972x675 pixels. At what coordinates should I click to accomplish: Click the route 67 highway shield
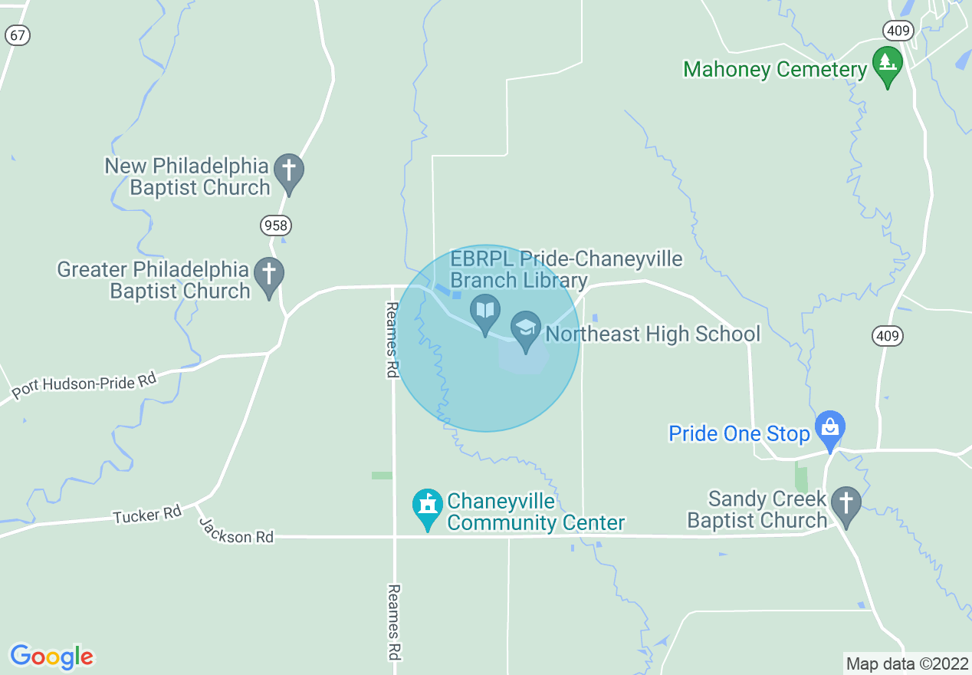[17, 35]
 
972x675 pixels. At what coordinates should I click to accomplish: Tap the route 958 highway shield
[276, 226]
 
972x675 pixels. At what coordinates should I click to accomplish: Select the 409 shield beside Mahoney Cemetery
[896, 30]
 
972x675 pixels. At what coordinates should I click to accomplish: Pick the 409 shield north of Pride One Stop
[888, 335]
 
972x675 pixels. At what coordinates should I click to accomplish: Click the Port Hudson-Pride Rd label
[84, 387]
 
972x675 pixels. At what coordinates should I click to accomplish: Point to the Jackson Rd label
[236, 530]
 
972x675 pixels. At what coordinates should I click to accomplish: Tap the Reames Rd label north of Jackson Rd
[392, 339]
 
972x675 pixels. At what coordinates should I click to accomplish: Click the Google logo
[51, 657]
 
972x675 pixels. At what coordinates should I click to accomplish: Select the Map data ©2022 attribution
[906, 663]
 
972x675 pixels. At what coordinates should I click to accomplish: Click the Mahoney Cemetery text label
[774, 70]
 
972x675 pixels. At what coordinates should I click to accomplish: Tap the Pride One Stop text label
[739, 434]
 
